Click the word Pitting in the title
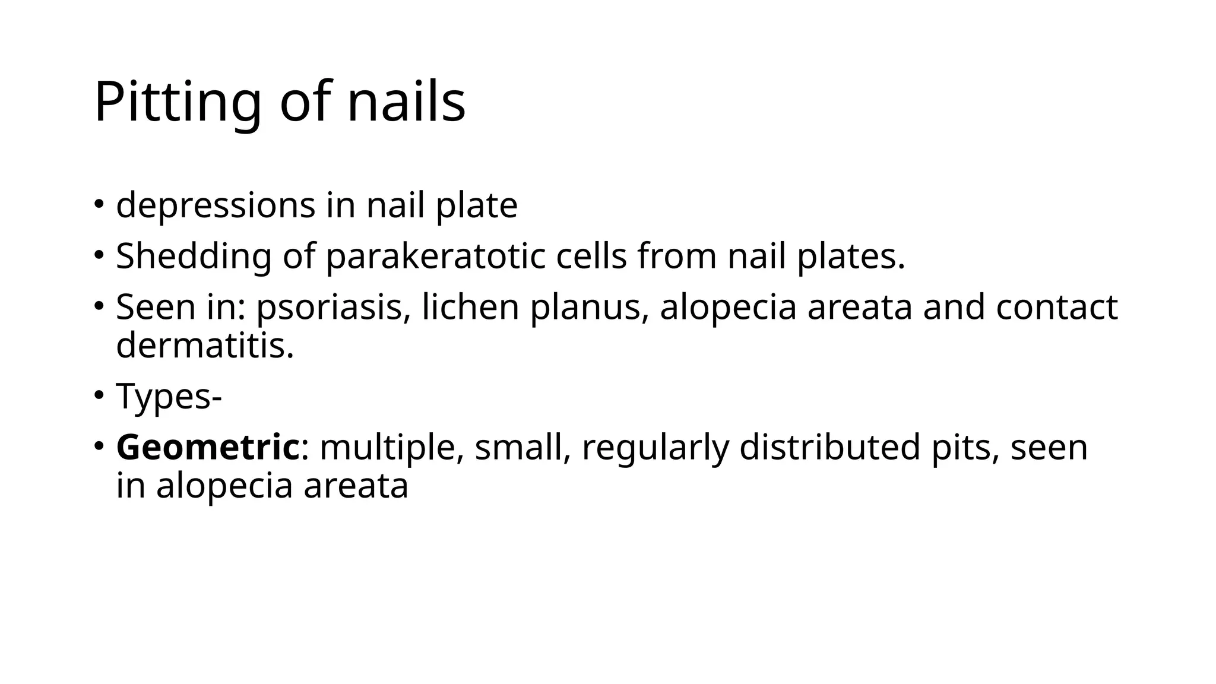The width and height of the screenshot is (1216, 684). [x=178, y=102]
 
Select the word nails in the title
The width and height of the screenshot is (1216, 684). [x=406, y=102]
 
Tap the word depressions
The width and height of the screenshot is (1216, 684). [x=216, y=205]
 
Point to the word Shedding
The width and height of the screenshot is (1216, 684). [x=193, y=256]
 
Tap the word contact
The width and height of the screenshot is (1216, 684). [x=1057, y=308]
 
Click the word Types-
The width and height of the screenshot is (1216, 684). [x=169, y=397]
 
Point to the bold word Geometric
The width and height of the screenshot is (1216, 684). [x=208, y=448]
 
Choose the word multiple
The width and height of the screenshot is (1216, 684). [x=392, y=448]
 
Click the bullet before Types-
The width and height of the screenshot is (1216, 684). [x=99, y=394]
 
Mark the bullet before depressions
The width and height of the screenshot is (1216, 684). [x=99, y=203]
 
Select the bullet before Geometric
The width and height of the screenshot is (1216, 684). [x=99, y=445]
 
